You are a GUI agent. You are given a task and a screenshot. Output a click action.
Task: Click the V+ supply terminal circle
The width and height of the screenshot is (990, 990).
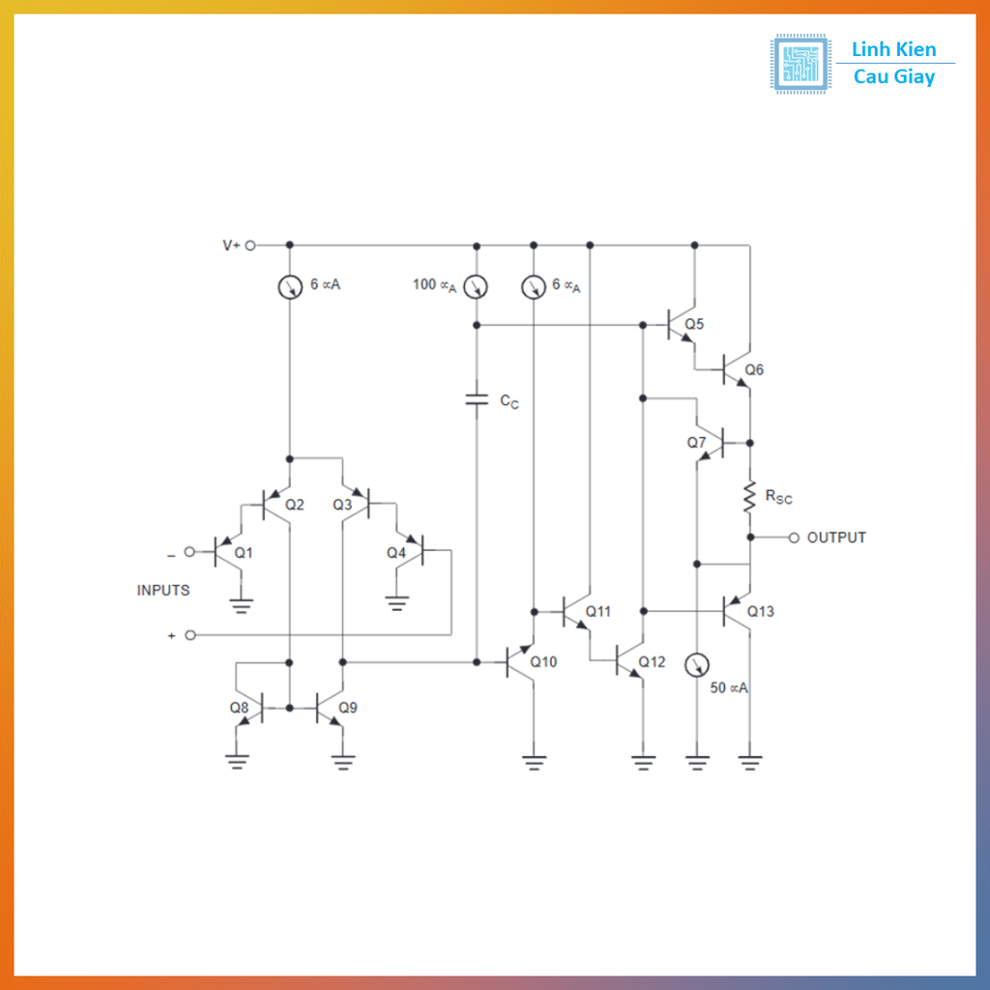(250, 246)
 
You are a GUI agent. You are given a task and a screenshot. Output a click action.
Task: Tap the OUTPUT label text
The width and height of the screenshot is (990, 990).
(836, 538)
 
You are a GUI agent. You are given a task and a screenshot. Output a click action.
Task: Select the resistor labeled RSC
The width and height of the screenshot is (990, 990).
(750, 496)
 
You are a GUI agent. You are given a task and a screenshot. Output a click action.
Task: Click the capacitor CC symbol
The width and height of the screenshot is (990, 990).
(477, 398)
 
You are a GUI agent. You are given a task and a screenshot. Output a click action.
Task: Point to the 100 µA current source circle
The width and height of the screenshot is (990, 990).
(477, 286)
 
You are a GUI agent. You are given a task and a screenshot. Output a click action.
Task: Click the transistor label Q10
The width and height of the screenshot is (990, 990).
(543, 662)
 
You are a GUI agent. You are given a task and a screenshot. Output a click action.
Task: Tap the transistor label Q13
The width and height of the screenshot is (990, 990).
(760, 611)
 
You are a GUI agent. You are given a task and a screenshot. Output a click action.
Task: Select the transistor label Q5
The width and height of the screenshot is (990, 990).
(694, 324)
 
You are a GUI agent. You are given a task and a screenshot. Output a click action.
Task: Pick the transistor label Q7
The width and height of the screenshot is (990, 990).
(697, 442)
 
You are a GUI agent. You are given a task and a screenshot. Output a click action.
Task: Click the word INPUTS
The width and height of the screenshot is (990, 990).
(163, 590)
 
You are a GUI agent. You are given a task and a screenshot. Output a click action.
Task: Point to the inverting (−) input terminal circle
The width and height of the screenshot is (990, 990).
(190, 552)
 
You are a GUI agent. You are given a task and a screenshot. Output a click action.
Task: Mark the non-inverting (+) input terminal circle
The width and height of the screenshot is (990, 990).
(190, 635)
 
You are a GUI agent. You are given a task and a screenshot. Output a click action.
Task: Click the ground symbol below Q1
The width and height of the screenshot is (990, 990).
(242, 606)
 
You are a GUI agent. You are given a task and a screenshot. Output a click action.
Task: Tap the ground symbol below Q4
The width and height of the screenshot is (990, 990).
(396, 604)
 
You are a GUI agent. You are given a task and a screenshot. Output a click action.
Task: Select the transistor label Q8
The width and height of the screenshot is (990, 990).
(239, 707)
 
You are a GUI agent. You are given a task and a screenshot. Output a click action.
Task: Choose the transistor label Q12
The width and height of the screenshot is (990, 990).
(652, 662)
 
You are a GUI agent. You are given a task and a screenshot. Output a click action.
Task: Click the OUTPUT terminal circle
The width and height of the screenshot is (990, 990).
(794, 538)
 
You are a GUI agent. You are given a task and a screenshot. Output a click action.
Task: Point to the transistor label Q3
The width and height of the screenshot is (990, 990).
(342, 504)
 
